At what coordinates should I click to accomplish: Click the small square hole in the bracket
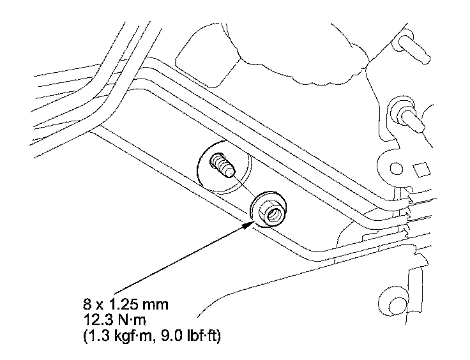420,170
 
